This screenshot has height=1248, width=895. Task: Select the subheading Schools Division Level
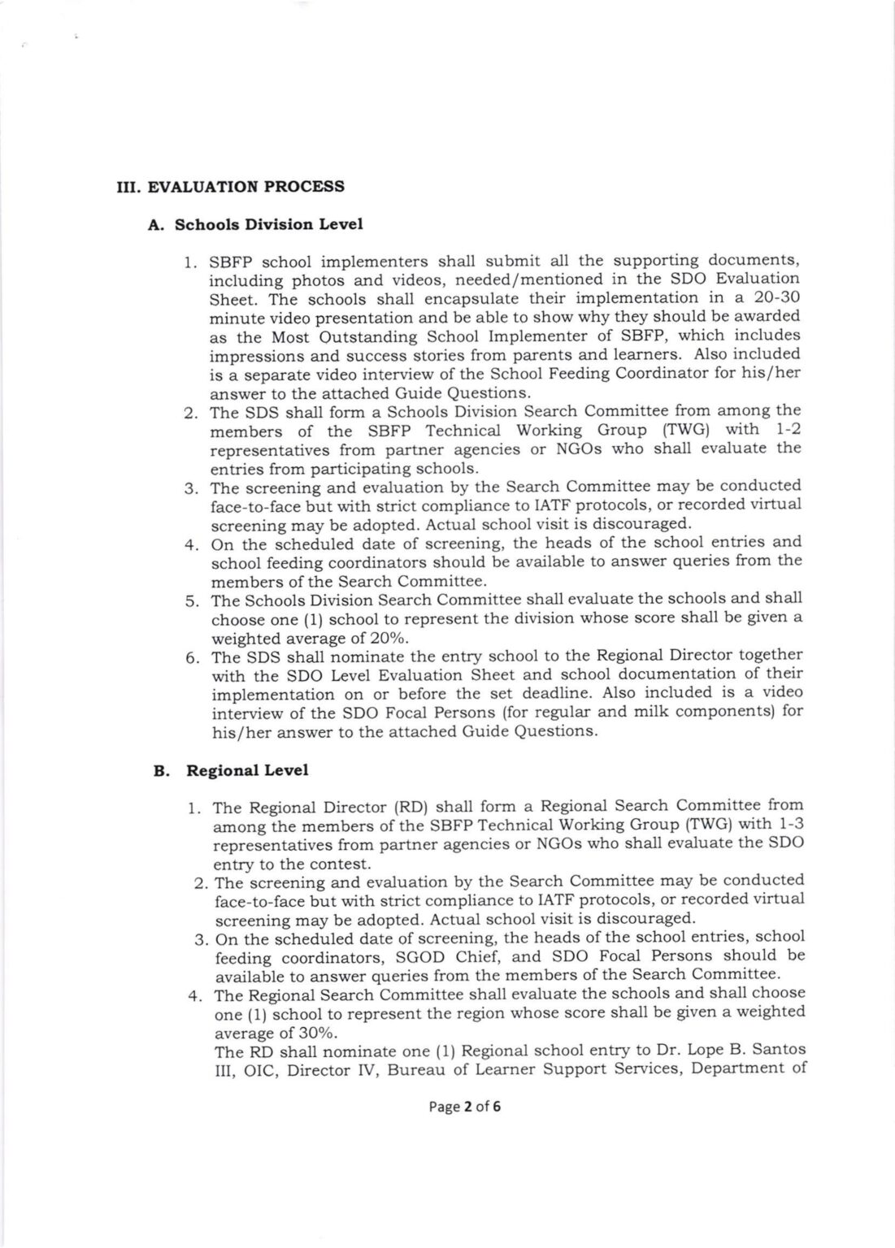[268, 223]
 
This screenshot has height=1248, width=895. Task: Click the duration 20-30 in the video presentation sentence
[774, 298]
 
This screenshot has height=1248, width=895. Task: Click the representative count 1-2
[784, 429]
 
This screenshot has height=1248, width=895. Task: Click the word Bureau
[415, 1069]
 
